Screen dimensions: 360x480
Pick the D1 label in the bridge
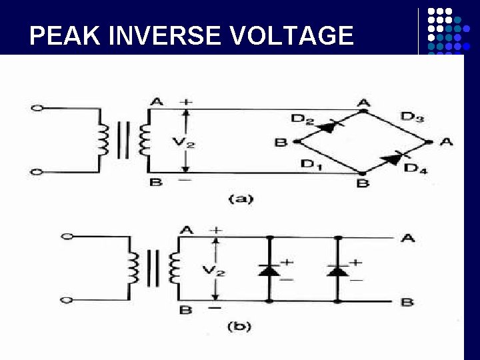310,163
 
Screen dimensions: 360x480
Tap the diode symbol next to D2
328,125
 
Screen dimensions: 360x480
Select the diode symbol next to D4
392,158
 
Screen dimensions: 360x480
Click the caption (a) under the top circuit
241,198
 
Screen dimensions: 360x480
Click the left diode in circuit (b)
269,270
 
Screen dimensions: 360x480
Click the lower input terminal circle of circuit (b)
65,300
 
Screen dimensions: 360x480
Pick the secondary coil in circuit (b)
175,267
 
